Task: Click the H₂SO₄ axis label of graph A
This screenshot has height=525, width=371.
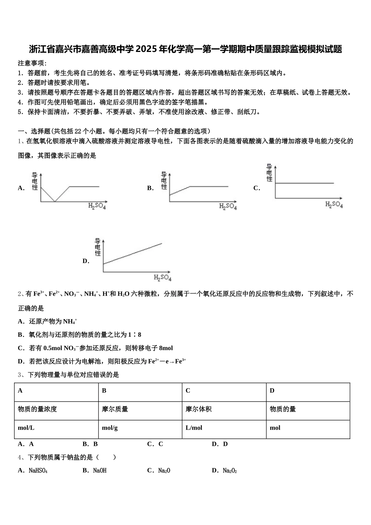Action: point(97,206)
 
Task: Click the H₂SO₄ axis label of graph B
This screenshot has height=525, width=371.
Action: point(228,206)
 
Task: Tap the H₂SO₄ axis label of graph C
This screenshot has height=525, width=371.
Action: point(334,204)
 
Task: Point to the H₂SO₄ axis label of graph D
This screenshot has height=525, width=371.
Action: point(162,278)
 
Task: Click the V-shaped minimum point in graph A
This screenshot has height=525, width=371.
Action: point(55,202)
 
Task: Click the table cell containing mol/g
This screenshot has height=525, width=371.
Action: point(140,428)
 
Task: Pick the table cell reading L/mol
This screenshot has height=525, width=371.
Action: point(224,428)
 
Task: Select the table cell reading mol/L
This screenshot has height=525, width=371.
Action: point(56,428)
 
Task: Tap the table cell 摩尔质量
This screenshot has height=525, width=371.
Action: point(140,409)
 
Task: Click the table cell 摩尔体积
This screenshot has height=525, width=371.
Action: point(224,409)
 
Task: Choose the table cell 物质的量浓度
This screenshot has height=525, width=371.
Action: point(56,409)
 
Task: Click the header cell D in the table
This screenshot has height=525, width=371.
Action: point(308,391)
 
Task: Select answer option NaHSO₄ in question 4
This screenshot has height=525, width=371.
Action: point(38,471)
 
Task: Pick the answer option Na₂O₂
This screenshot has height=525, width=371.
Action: point(230,471)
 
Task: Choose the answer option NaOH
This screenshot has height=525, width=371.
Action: point(100,471)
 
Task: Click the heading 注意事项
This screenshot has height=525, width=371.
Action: point(32,63)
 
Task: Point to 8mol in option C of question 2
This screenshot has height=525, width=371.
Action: point(166,348)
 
